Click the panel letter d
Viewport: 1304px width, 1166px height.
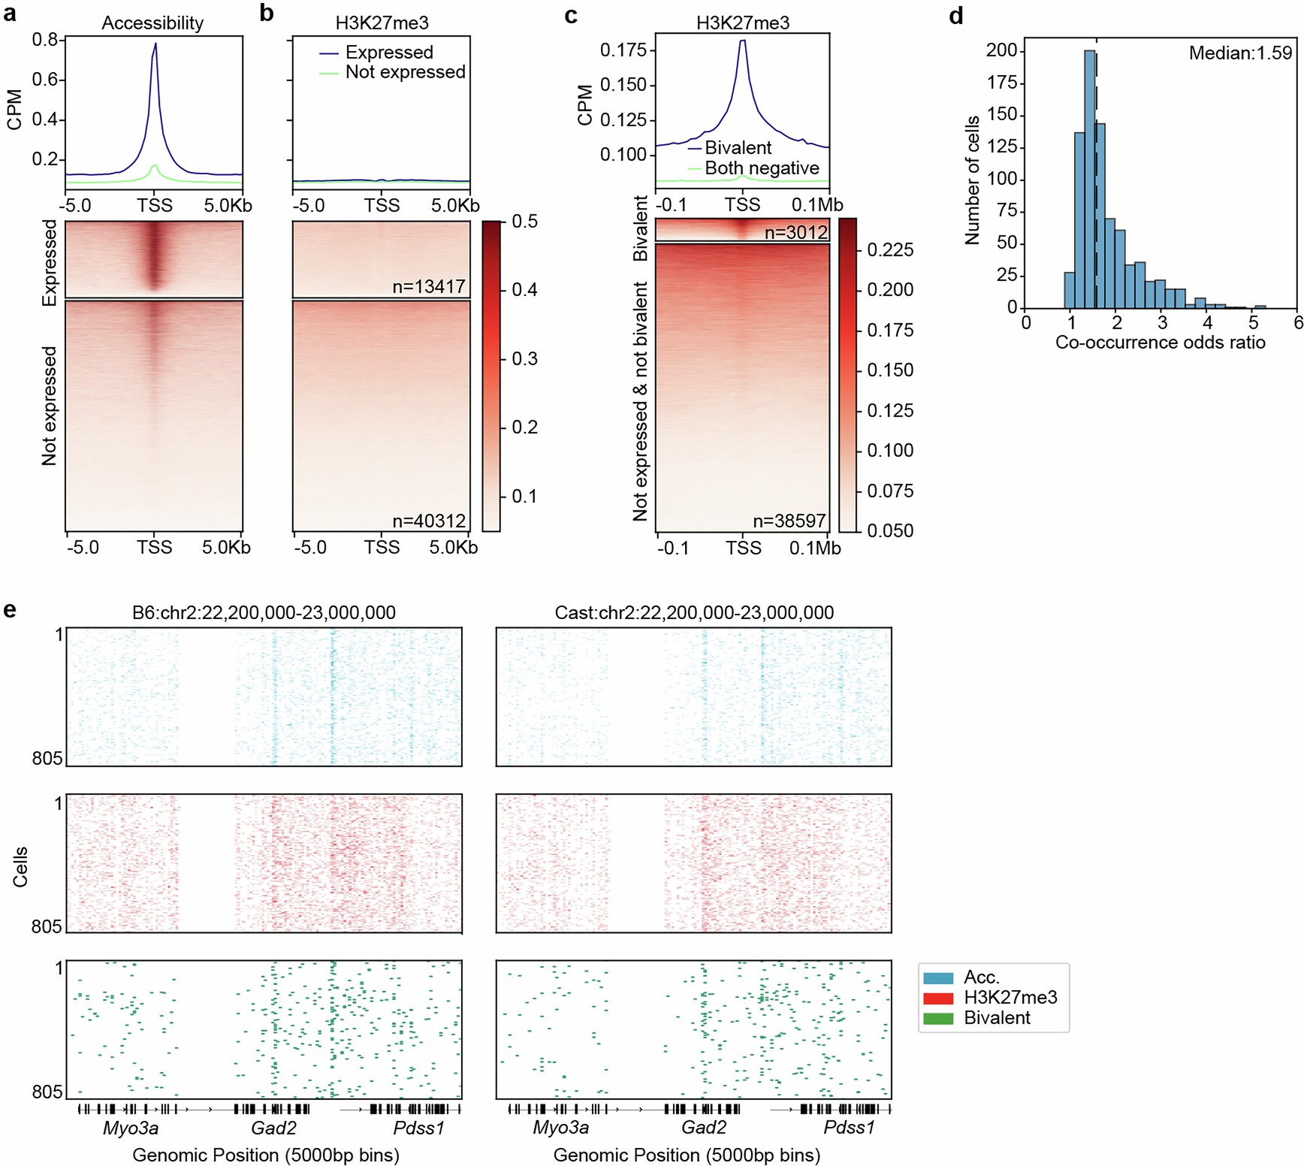(955, 16)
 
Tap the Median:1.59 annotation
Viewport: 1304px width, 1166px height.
(1239, 53)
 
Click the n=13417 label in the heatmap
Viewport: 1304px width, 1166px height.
(428, 286)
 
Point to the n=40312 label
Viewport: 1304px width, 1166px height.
(428, 520)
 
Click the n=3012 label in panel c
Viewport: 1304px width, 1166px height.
(795, 233)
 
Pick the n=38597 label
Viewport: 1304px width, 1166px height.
(789, 521)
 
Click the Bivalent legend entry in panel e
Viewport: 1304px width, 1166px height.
(996, 1018)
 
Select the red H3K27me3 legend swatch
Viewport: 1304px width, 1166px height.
(938, 998)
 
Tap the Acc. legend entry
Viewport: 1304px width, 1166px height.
(981, 977)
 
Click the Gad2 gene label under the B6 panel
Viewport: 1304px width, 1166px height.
(273, 1128)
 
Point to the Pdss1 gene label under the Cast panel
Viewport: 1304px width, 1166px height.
(849, 1128)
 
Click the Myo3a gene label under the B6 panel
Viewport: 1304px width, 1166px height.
(131, 1128)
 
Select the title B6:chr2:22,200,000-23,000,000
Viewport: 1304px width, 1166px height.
(264, 612)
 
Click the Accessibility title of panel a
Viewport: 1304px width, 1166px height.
(152, 23)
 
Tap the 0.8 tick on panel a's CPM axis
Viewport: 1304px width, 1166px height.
(45, 40)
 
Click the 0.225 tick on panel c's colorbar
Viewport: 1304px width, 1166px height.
(890, 250)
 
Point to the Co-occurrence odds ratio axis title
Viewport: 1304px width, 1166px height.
(1160, 343)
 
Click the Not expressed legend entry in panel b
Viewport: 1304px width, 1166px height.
(405, 72)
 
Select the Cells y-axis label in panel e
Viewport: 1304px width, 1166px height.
(20, 866)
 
